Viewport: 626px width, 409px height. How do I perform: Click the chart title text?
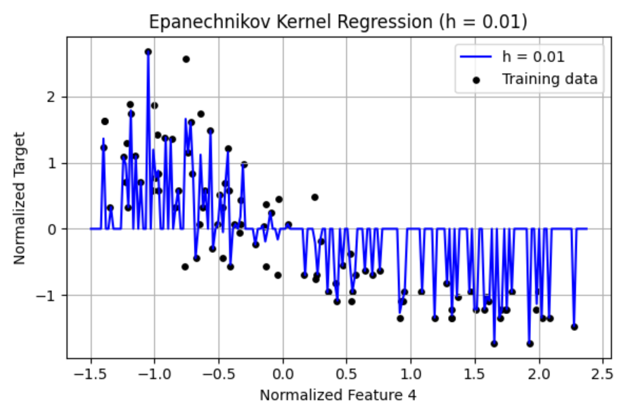click(x=338, y=22)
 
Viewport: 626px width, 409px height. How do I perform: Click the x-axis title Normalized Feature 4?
click(x=338, y=395)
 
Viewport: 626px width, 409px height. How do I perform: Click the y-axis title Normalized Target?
click(x=19, y=198)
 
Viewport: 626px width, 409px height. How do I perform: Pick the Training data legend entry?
click(x=549, y=79)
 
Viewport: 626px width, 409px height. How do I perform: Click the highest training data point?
click(x=148, y=52)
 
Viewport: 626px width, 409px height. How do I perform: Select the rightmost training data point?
click(x=574, y=327)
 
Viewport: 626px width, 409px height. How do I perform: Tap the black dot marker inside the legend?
click(x=476, y=79)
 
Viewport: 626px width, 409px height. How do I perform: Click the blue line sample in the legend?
click(x=476, y=56)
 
